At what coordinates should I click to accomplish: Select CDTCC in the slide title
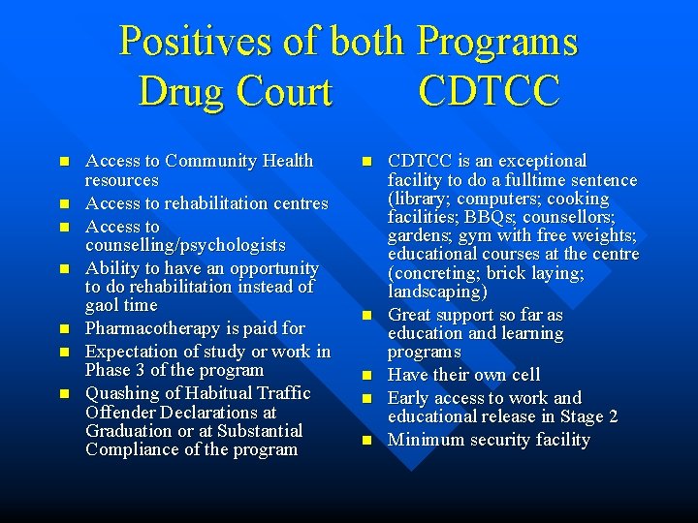(x=489, y=92)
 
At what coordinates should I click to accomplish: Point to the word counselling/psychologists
(x=185, y=245)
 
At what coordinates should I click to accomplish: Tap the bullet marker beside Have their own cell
(x=366, y=376)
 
